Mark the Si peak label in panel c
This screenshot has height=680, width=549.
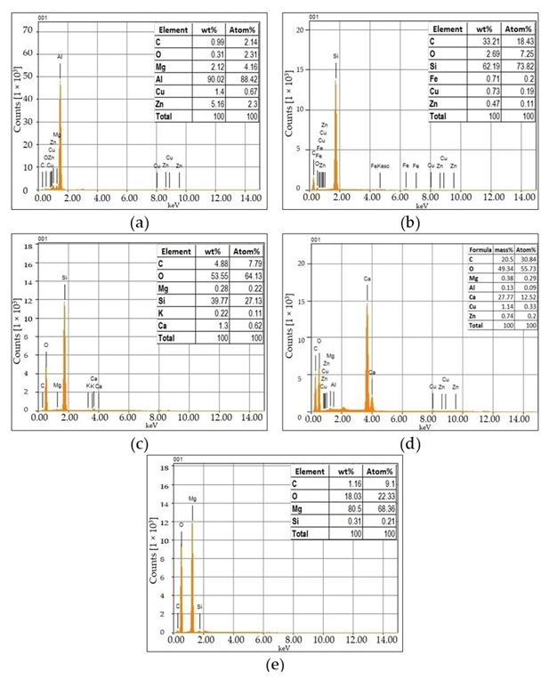64,278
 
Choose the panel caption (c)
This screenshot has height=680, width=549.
138,444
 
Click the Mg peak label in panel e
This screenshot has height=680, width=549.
192,499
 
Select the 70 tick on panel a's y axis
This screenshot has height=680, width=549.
28,29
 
